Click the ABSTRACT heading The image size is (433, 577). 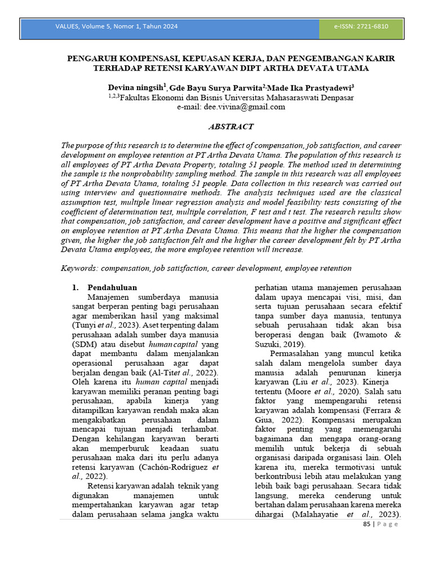pyautogui.click(x=231, y=127)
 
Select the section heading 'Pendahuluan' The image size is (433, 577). pyautogui.click(x=112, y=287)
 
